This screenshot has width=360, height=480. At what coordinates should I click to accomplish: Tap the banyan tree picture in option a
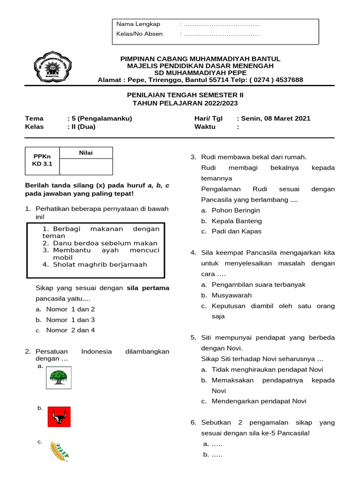[x=59, y=377]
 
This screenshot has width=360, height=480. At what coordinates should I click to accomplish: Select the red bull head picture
[x=59, y=416]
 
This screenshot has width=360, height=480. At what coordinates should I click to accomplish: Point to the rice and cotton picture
[x=60, y=451]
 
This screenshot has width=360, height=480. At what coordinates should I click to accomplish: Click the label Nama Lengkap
[x=138, y=24]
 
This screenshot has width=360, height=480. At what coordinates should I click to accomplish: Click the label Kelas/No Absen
[x=139, y=34]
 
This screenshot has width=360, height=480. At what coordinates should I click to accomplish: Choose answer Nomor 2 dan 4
[x=70, y=330]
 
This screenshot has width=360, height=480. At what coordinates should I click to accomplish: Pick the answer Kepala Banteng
[x=237, y=221]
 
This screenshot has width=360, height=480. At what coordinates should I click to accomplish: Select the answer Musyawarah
[x=232, y=295]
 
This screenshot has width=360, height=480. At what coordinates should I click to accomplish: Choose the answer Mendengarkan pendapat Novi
[x=259, y=401]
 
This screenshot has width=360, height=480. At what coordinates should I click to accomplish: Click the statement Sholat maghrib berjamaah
[x=100, y=264]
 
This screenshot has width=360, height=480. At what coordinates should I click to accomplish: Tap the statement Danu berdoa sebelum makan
[x=105, y=243]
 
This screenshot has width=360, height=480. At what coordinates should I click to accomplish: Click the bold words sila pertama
[x=148, y=288]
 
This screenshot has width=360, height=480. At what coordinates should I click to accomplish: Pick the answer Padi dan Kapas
[x=237, y=231]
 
